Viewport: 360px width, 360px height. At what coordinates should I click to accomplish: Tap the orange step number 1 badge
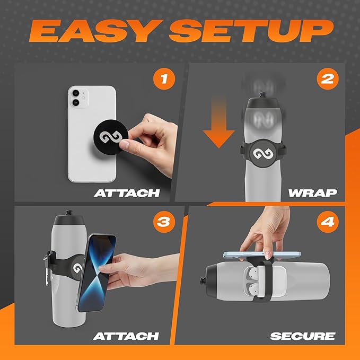[x=163, y=80]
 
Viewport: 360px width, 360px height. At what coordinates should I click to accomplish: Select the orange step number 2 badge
[x=328, y=80]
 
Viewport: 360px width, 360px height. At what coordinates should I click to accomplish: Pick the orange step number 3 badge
[x=163, y=222]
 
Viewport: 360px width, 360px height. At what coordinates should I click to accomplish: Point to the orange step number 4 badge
[x=328, y=222]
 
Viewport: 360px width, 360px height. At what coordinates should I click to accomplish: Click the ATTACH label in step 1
[x=127, y=193]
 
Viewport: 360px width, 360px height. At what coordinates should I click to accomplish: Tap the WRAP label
[x=313, y=193]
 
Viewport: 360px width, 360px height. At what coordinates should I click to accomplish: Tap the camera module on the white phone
[x=76, y=98]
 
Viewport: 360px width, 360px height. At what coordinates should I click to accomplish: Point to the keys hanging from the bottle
[x=48, y=262]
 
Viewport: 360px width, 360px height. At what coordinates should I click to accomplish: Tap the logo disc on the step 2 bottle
[x=261, y=154]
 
